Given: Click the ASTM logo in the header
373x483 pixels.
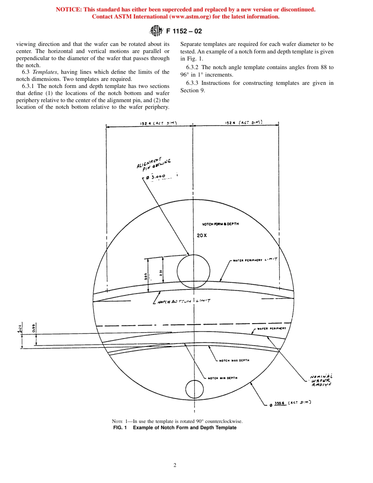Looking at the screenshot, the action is point(156,31).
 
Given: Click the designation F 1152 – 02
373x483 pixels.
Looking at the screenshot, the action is point(184,31).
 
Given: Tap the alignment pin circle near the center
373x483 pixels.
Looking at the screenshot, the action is point(193,271).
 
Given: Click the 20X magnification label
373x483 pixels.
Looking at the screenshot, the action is point(202,236).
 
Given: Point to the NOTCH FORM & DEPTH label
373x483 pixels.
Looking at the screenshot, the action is point(220,224).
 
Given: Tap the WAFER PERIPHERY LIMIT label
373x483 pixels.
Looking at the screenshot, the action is point(256,260).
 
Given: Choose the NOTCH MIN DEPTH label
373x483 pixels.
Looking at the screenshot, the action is point(222,378).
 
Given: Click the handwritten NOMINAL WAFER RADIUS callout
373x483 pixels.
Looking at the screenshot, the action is point(321,380).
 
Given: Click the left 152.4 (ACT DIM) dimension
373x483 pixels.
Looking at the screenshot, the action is point(159,123).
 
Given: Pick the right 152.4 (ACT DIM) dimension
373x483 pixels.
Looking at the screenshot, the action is point(243,123).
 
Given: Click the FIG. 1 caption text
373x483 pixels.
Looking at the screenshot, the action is point(175,428).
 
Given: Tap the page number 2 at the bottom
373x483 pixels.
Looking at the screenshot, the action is point(175,465).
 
